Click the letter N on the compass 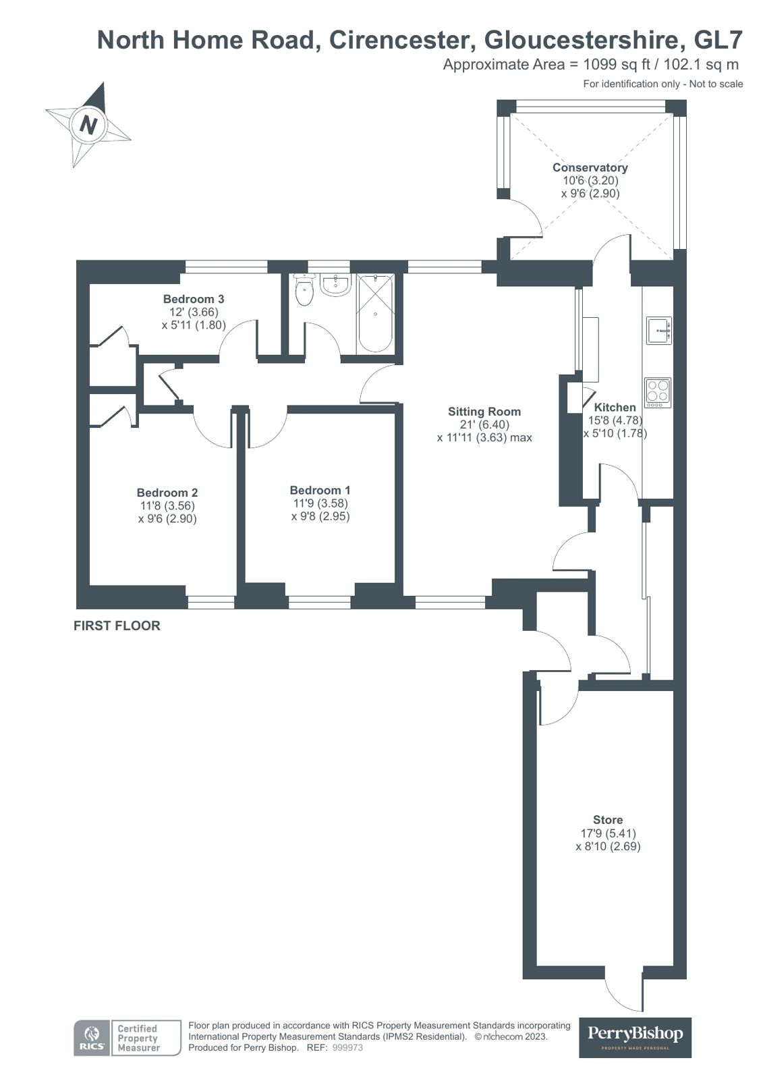[x=88, y=124]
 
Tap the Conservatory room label [x=590, y=167]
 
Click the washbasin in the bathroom [x=335, y=285]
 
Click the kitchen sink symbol [x=658, y=330]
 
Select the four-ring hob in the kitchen [x=658, y=392]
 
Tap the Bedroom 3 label [x=193, y=299]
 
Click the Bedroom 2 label [x=167, y=493]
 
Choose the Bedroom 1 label [x=320, y=491]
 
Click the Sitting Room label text [x=484, y=412]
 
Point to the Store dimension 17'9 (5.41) [x=607, y=833]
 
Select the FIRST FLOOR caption [x=117, y=626]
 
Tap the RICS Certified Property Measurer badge [x=127, y=1038]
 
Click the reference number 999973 [x=348, y=1048]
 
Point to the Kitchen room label [x=614, y=408]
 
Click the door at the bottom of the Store [x=624, y=992]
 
